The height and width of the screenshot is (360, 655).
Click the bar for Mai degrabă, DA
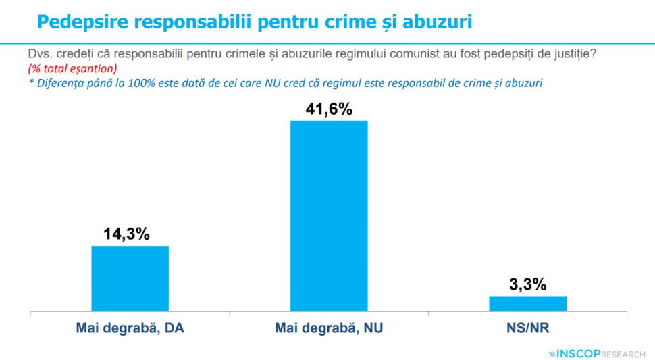[130, 279]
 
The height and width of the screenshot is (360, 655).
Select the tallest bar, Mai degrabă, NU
[328, 216]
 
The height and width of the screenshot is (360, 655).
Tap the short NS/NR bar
[527, 305]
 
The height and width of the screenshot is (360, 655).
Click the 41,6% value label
[329, 109]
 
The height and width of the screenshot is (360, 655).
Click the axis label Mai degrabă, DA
[130, 330]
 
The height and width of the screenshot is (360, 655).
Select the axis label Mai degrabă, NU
[329, 330]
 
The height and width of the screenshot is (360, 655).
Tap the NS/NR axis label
[527, 330]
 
